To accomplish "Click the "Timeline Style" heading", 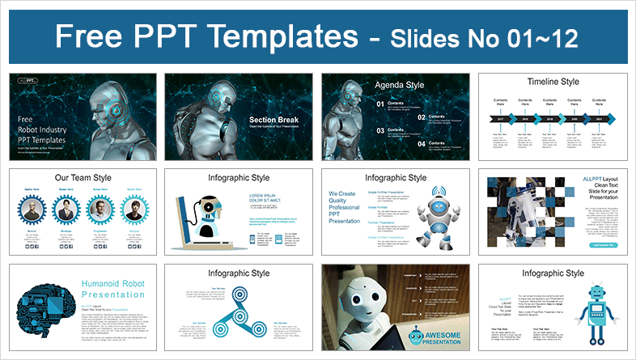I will tap(552, 83).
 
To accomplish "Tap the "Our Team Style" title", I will tap(83, 178).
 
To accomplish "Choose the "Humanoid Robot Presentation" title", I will tap(112, 289).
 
